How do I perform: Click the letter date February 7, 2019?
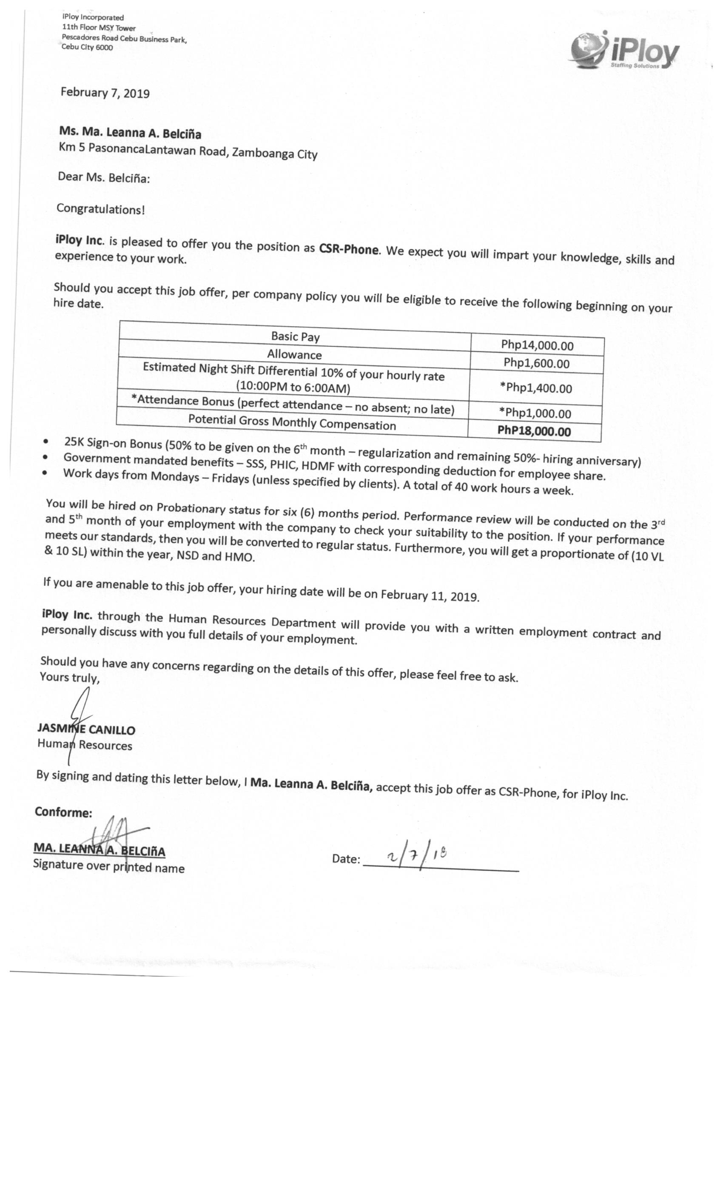105,92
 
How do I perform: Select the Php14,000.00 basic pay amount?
537,345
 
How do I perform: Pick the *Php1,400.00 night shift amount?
536,388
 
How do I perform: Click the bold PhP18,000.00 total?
534,431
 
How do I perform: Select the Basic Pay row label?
295,336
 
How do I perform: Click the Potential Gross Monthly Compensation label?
292,422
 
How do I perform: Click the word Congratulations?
100,209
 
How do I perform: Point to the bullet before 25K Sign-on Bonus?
46,442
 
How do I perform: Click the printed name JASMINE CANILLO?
86,729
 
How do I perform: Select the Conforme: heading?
63,812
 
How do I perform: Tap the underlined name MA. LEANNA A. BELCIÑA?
99,849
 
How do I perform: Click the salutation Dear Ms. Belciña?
104,177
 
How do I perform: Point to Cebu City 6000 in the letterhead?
87,47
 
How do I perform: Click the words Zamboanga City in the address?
274,154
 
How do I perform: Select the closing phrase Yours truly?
70,677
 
